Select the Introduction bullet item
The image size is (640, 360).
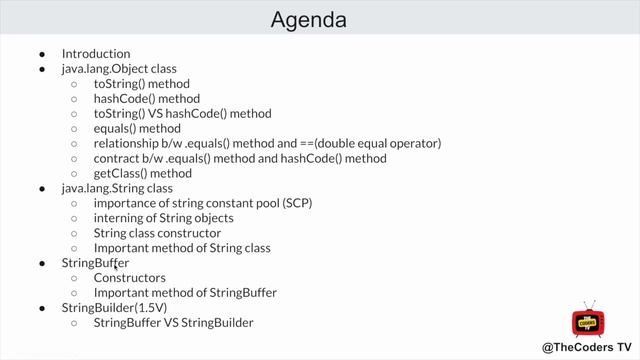coord(96,54)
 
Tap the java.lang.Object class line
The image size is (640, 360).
coord(119,69)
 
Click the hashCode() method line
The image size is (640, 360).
coord(146,99)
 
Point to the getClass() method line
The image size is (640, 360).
coord(142,173)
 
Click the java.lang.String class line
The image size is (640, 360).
coord(117,188)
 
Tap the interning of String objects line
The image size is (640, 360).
coord(163,218)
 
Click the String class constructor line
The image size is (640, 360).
coord(157,233)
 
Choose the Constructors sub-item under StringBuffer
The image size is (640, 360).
coord(129,278)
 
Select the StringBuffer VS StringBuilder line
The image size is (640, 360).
coord(173,323)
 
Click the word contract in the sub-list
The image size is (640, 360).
coord(115,158)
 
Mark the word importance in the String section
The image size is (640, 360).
coord(125,203)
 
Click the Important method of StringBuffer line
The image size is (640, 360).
coord(185,293)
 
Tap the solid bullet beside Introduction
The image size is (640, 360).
coord(42,54)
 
